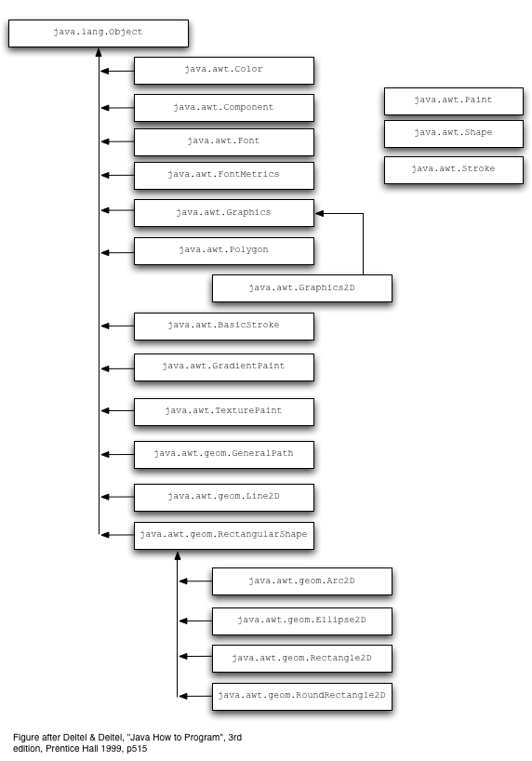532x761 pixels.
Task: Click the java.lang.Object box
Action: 99,33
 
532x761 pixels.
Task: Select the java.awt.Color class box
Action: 224,71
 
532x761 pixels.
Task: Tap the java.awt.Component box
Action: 224,108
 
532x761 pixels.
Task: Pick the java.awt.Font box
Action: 224,142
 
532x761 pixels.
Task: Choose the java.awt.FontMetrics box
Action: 224,176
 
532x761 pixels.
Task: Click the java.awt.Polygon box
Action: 224,251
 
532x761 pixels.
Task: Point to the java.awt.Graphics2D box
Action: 302,288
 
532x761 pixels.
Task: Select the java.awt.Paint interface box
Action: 453,101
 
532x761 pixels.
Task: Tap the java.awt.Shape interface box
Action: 453,134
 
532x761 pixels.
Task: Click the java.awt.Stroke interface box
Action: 453,170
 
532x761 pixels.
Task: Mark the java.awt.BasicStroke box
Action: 224,327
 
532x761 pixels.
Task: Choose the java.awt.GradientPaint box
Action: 224,367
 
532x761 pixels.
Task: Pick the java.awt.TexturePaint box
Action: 224,412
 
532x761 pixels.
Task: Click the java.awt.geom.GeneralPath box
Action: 224,455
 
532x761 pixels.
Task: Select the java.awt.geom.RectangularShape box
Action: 224,536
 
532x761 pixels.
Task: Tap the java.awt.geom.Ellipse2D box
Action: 302,621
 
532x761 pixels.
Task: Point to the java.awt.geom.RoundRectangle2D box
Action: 302,697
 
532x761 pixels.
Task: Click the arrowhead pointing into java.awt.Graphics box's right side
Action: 319,213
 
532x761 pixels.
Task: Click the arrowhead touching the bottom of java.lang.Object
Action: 99,52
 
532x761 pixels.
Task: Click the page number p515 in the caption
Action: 137,748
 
